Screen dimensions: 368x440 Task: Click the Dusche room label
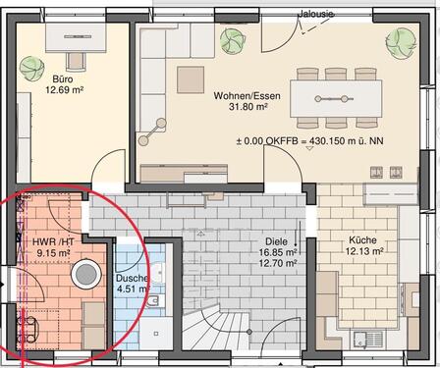click(132, 279)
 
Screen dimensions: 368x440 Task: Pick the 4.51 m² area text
click(132, 290)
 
